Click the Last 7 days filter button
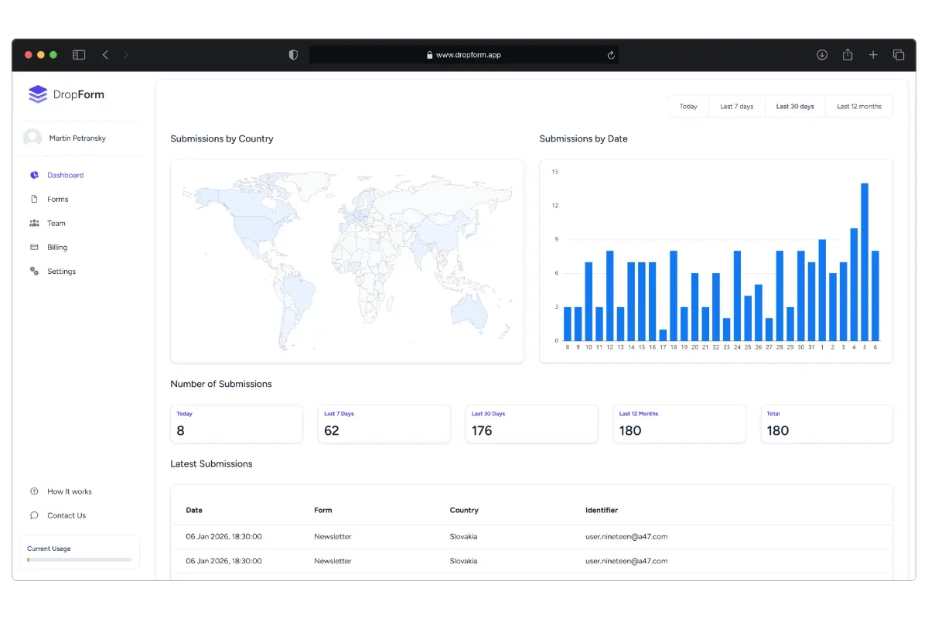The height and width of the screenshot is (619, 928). pyautogui.click(x=736, y=107)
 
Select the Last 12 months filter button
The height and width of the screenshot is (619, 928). pyautogui.click(x=858, y=107)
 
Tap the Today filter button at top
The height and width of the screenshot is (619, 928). pyautogui.click(x=688, y=107)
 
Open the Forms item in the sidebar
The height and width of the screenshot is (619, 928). pyautogui.click(x=57, y=200)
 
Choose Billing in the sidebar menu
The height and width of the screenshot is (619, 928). pyautogui.click(x=57, y=248)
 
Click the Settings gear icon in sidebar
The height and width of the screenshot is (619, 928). pyautogui.click(x=34, y=272)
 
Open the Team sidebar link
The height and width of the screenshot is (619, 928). pyautogui.click(x=56, y=224)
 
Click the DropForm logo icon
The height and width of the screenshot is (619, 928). pyautogui.click(x=38, y=94)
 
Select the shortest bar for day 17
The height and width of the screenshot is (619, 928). pyautogui.click(x=663, y=335)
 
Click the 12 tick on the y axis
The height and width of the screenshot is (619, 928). pyautogui.click(x=555, y=206)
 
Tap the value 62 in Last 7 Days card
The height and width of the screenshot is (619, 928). pyautogui.click(x=332, y=431)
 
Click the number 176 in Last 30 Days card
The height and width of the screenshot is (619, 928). pyautogui.click(x=482, y=431)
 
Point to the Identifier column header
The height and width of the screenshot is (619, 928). pyautogui.click(x=602, y=511)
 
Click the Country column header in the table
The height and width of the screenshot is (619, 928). pyautogui.click(x=464, y=511)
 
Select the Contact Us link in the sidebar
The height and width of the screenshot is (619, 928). pyautogui.click(x=67, y=516)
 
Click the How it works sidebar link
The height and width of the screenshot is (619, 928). pyautogui.click(x=69, y=492)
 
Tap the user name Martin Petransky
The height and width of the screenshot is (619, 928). pyautogui.click(x=77, y=139)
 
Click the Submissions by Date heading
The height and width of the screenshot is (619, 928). pyautogui.click(x=583, y=139)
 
